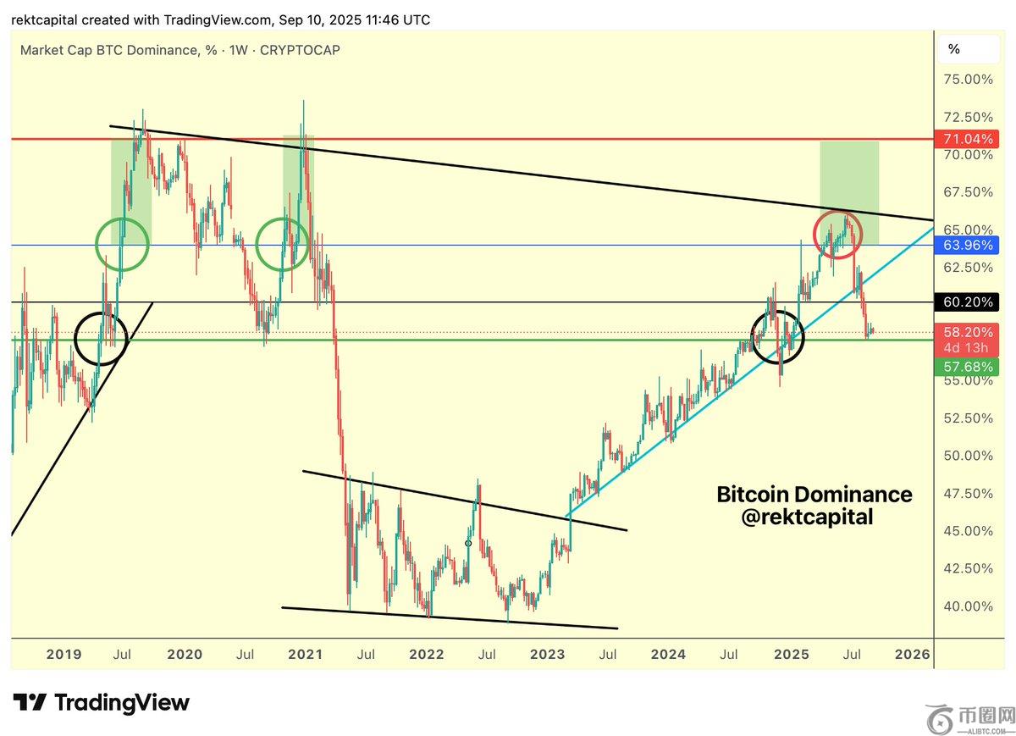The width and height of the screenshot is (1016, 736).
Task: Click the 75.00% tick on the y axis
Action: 968,80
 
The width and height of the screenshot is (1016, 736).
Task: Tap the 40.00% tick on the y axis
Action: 968,606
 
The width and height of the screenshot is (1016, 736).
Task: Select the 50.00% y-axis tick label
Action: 968,456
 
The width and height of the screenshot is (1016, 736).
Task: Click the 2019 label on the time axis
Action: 63,654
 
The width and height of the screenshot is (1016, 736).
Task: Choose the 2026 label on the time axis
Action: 912,654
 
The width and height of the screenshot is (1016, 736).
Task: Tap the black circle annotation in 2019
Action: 101,338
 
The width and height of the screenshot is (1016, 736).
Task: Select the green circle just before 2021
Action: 283,243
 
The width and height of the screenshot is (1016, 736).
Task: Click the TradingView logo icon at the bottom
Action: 30,702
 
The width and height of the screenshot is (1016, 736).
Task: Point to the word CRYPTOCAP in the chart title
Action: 301,51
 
